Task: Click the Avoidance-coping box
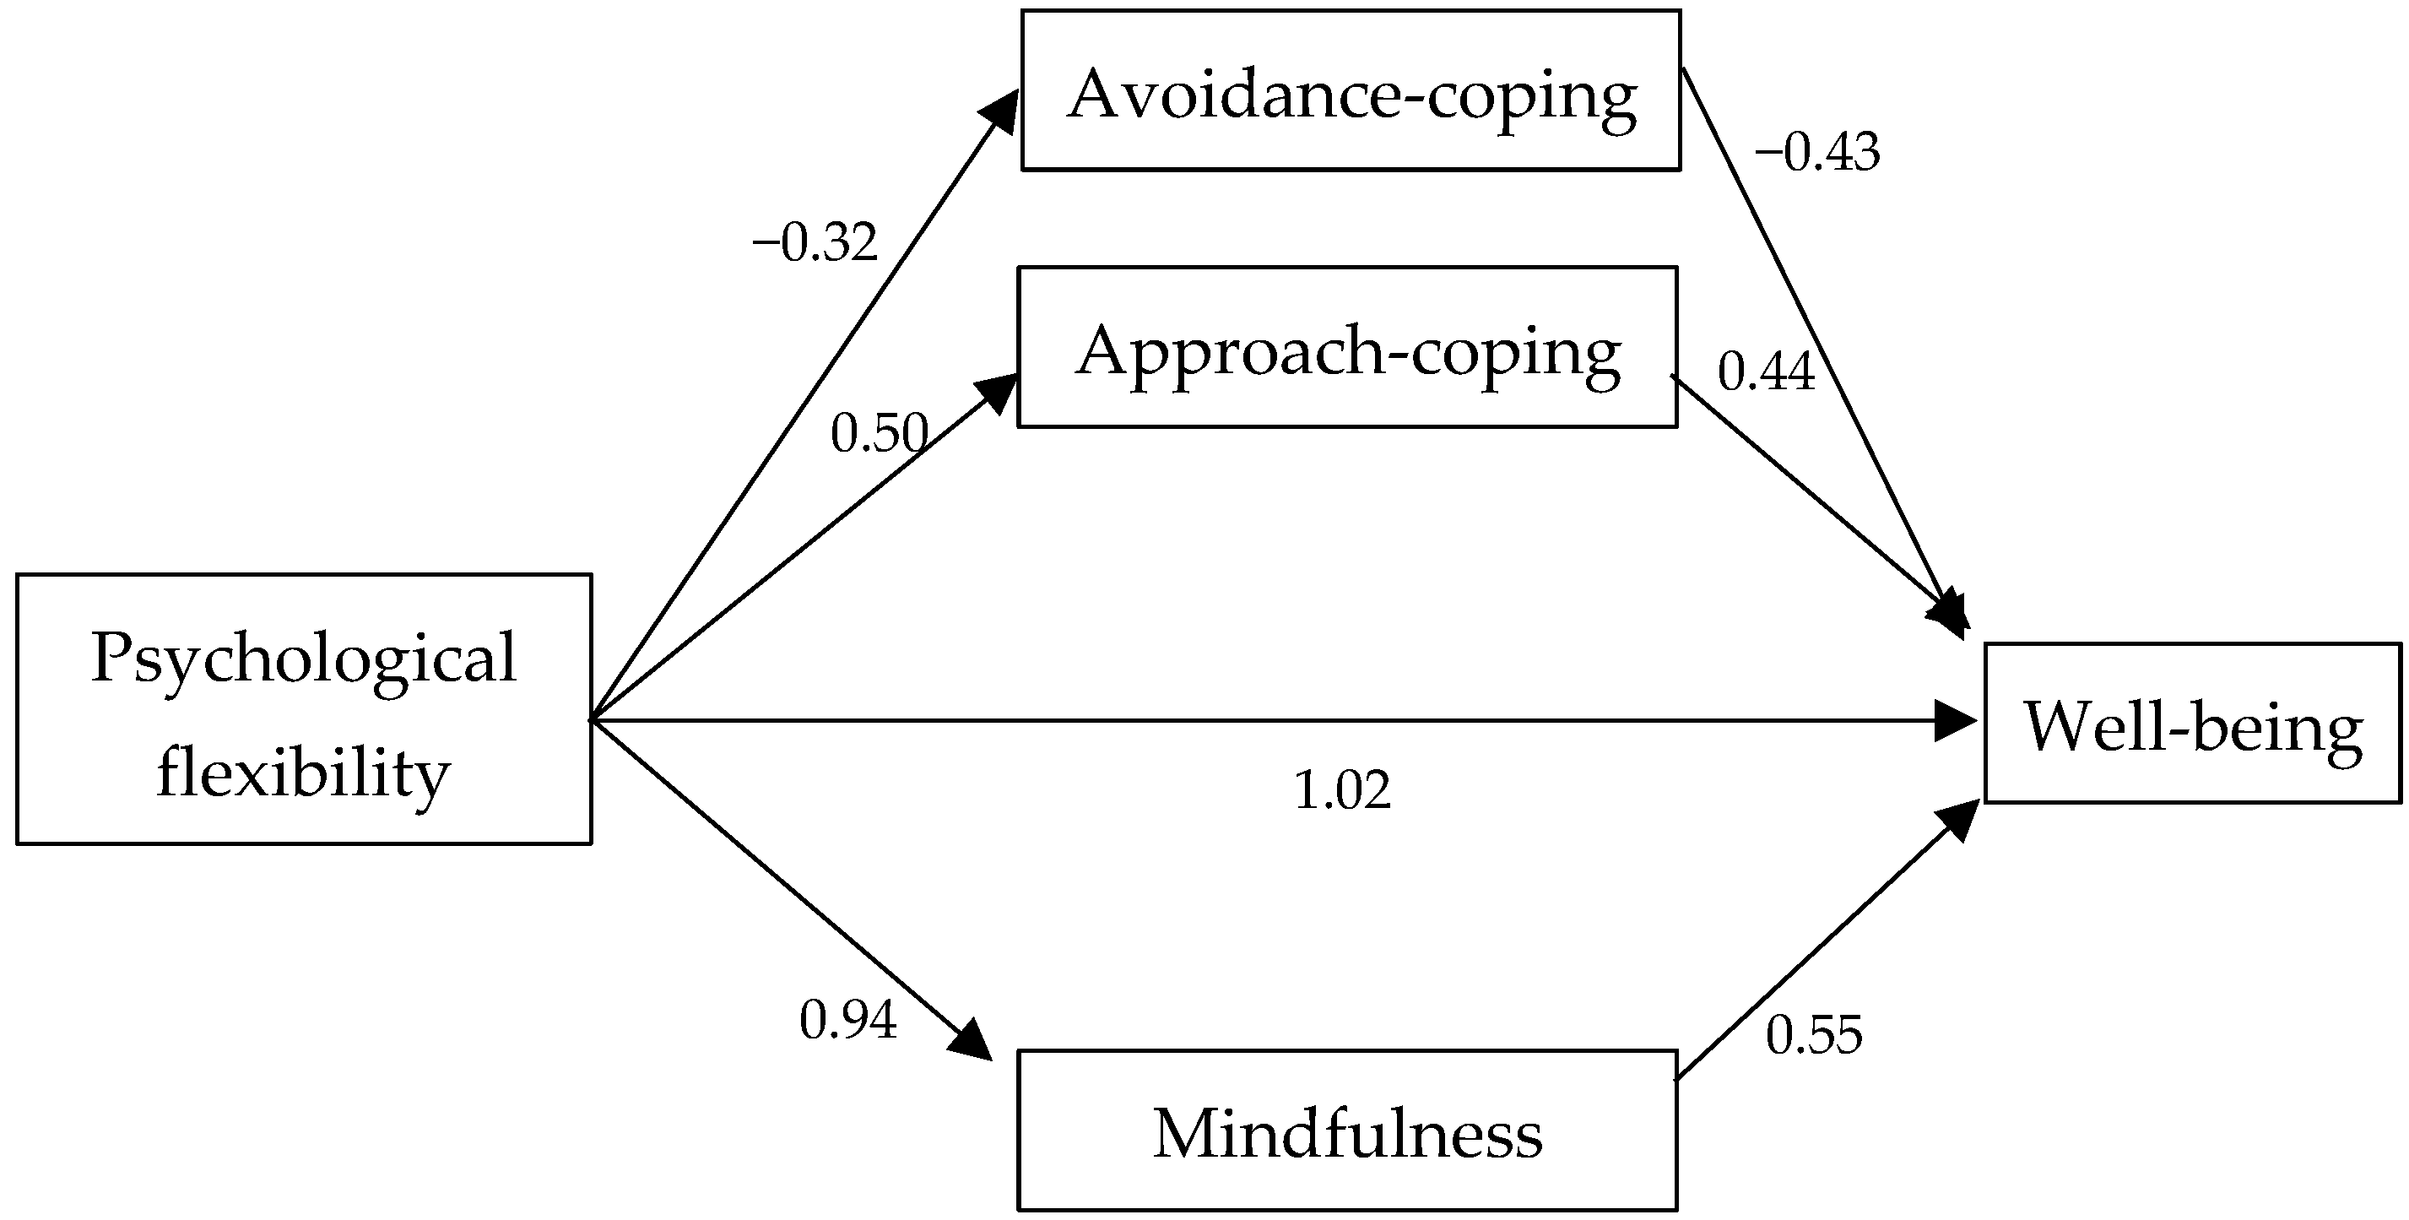point(1351,90)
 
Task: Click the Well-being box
point(2192,724)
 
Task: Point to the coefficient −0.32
point(815,242)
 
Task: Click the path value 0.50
point(879,433)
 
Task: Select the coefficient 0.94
point(848,1019)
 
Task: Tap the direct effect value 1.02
point(1342,789)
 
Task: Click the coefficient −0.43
point(1816,153)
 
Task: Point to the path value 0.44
point(1766,371)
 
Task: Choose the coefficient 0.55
point(1814,1035)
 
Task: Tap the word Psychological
point(304,657)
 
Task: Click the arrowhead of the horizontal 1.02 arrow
point(1957,721)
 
